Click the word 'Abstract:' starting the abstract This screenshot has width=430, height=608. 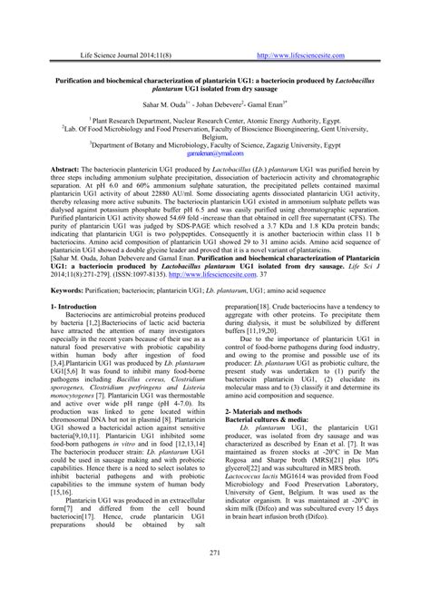(65, 170)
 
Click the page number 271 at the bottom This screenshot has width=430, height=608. (215, 578)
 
